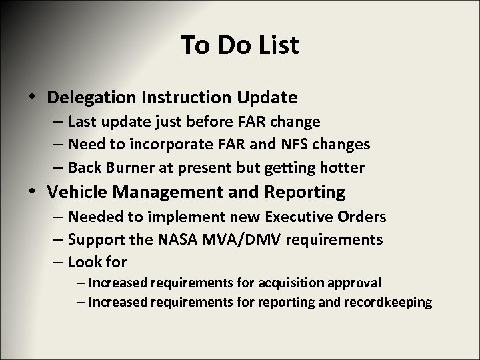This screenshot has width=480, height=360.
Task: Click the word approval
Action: pos(358,283)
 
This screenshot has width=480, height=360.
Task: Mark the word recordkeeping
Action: pos(389,303)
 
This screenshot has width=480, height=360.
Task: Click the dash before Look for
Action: pos(57,260)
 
